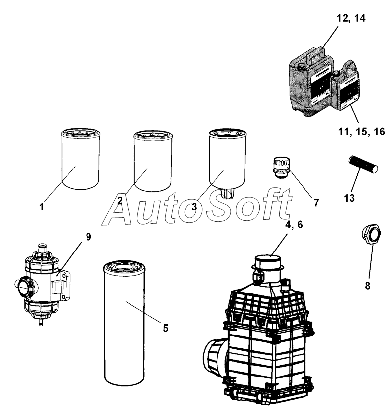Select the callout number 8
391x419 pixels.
(367, 285)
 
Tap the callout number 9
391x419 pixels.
(88, 237)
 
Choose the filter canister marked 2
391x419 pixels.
(152, 161)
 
